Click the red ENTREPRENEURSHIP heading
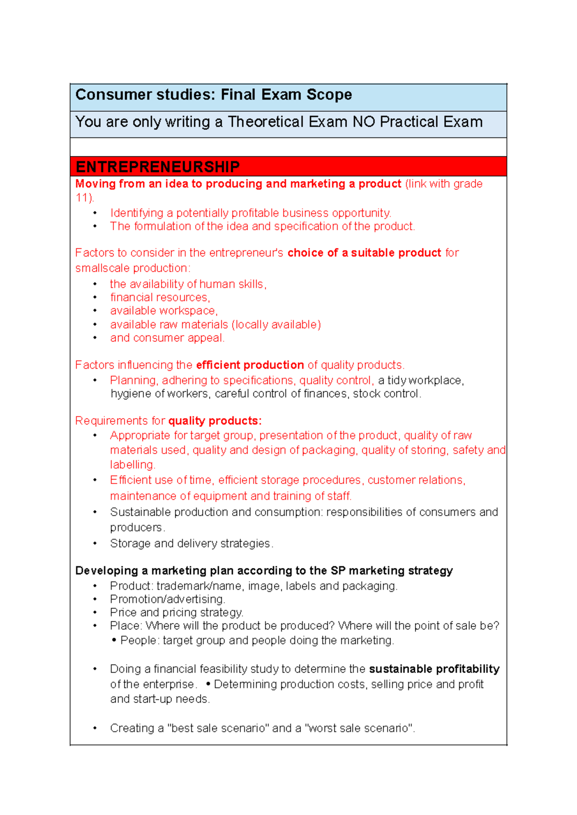pyautogui.click(x=158, y=167)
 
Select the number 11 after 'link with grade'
pyautogui.click(x=82, y=198)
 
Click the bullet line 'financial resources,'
pyautogui.click(x=160, y=297)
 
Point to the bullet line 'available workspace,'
pyautogui.click(x=163, y=311)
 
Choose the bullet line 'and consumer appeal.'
pyautogui.click(x=167, y=338)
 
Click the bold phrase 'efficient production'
pyautogui.click(x=250, y=365)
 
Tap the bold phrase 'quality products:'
pyautogui.click(x=215, y=421)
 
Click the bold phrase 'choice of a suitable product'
pyautogui.click(x=364, y=253)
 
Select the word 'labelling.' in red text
pyautogui.click(x=132, y=465)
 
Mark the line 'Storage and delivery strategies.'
pyautogui.click(x=191, y=543)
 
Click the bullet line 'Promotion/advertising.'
pyautogui.click(x=167, y=599)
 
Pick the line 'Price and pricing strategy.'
pyautogui.click(x=176, y=613)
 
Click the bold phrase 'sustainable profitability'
pyautogui.click(x=434, y=669)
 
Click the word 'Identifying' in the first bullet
pyautogui.click(x=137, y=213)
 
